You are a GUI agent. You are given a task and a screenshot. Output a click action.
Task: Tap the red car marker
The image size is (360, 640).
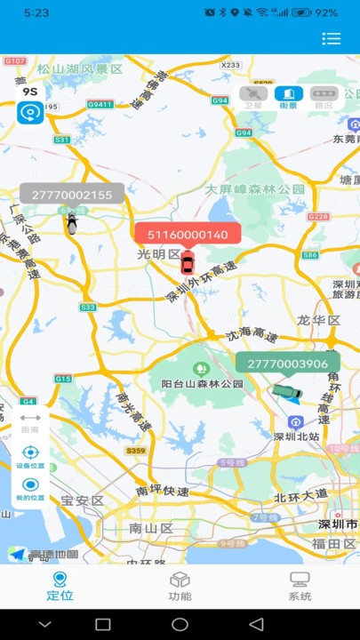(187, 263)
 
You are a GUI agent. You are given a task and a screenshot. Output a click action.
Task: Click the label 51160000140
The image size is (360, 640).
(188, 235)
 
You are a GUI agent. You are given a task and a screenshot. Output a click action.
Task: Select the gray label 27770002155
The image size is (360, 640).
(72, 195)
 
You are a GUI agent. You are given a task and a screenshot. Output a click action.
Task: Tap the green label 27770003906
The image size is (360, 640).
(287, 364)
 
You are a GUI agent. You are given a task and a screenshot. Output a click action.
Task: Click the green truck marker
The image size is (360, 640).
(287, 391)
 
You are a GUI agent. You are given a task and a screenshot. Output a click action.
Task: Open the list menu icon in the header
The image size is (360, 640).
(332, 38)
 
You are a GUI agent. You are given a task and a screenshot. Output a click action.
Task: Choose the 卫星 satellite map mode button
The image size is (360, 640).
(253, 97)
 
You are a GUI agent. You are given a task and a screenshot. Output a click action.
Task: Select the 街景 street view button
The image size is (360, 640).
(288, 97)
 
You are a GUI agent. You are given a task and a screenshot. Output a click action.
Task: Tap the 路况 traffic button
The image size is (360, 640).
(323, 97)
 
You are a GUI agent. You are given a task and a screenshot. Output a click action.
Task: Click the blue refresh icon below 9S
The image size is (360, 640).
(30, 113)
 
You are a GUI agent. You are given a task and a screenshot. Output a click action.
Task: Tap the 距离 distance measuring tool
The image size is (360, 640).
(30, 421)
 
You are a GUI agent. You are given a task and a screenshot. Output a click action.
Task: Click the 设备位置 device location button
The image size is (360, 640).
(30, 456)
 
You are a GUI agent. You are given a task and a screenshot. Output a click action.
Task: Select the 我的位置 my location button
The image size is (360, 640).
(30, 489)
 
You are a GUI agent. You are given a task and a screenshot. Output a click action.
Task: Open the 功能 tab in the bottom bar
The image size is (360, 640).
(180, 587)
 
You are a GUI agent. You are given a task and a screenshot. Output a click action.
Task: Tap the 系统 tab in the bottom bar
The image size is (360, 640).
(300, 587)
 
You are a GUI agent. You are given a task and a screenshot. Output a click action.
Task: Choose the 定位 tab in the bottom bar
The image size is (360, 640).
(60, 587)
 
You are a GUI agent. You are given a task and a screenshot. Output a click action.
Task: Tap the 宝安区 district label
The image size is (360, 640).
(83, 500)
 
